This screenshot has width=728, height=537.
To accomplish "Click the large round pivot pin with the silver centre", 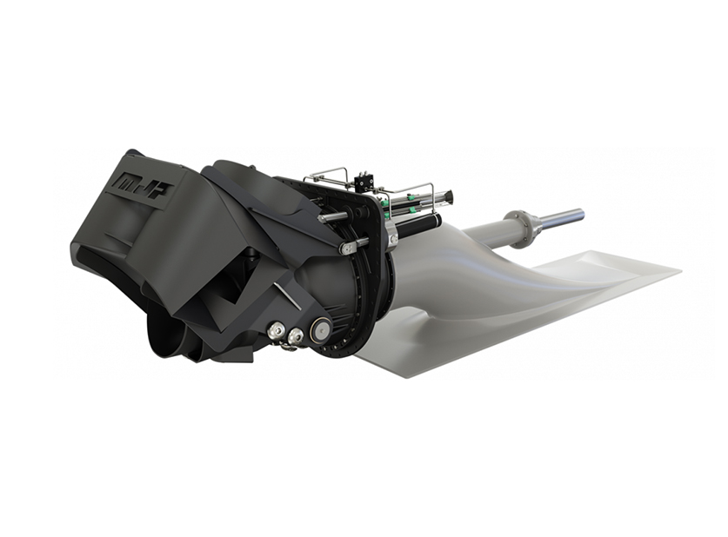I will pyautogui.click(x=321, y=329).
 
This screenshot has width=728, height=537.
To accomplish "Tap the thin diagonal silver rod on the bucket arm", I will pyautogui.click(x=287, y=296).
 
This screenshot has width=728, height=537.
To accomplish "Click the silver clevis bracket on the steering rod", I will pyautogui.click(x=349, y=247).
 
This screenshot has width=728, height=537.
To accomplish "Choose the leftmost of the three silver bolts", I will pyautogui.click(x=277, y=331).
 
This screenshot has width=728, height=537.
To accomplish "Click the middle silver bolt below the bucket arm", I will pyautogui.click(x=297, y=335).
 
